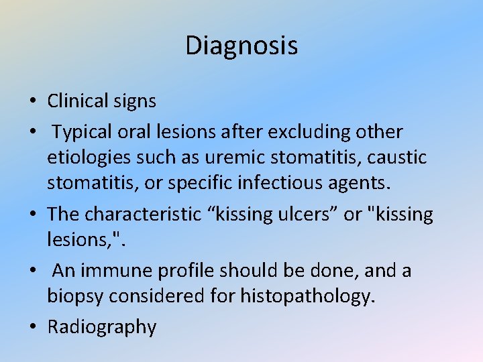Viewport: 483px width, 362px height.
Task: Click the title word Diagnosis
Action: pyautogui.click(x=241, y=46)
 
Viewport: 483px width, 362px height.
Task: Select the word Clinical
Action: pyautogui.click(x=77, y=101)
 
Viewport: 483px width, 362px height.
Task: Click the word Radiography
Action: pyautogui.click(x=102, y=328)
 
